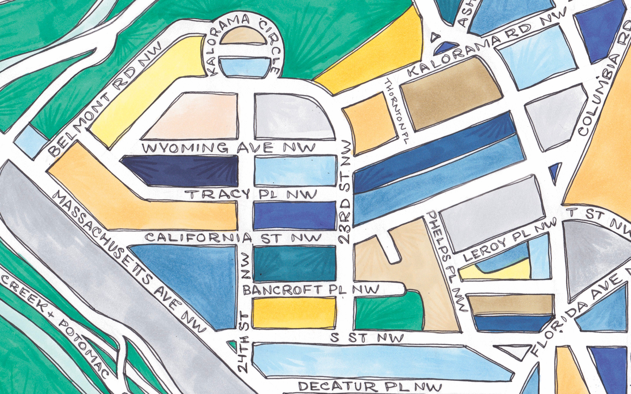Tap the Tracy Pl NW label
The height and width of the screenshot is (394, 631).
coord(252,194)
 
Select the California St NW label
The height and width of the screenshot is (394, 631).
coord(233,237)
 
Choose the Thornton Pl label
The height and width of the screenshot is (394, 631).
coord(396,111)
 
